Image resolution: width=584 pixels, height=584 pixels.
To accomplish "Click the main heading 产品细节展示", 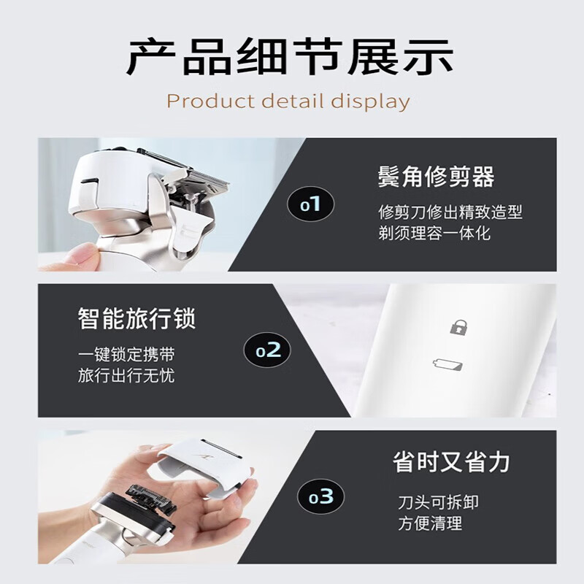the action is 290,58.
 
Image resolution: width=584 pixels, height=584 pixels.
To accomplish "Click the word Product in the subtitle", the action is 211,101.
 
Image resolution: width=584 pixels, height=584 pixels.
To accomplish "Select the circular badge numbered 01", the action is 311,204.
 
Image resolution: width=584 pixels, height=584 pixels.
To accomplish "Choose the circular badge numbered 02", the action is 267,350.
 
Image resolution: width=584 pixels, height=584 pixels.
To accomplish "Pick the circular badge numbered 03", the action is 320,496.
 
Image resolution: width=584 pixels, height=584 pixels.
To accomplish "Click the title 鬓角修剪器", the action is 436,177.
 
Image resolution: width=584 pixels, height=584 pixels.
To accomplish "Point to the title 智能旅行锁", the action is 137,318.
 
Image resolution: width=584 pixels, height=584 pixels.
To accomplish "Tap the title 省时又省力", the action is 451,462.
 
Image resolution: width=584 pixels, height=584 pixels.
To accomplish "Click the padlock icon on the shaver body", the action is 458,326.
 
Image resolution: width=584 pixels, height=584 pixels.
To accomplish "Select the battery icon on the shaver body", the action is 448,364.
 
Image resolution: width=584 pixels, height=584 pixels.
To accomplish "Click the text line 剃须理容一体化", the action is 434,234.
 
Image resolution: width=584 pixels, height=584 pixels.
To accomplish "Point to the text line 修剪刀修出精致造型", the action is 450,212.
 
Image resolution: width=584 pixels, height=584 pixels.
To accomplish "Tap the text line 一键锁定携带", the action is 126,354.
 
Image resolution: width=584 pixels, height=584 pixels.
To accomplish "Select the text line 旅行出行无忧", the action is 126,375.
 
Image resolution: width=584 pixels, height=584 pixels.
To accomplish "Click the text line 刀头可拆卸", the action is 439,502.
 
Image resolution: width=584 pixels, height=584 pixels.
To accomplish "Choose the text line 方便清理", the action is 430,523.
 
